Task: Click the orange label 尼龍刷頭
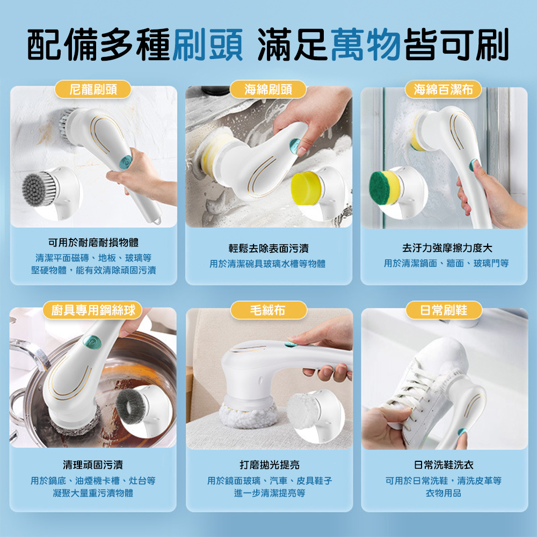pos(93,89)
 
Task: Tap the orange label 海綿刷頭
pos(268,89)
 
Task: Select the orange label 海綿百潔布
pos(444,89)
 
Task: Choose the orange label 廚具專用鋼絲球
pos(93,310)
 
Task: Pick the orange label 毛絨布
pos(268,310)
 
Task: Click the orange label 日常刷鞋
pos(444,310)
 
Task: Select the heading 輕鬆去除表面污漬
pos(268,248)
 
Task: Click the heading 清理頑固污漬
pos(93,465)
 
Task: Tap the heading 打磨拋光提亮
pos(269,465)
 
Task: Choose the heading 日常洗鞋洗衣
pos(444,465)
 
